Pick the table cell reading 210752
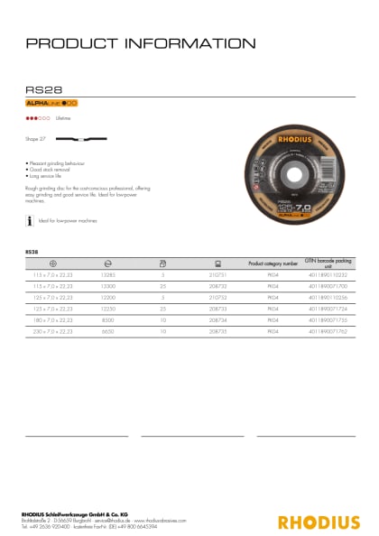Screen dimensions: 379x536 217,298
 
